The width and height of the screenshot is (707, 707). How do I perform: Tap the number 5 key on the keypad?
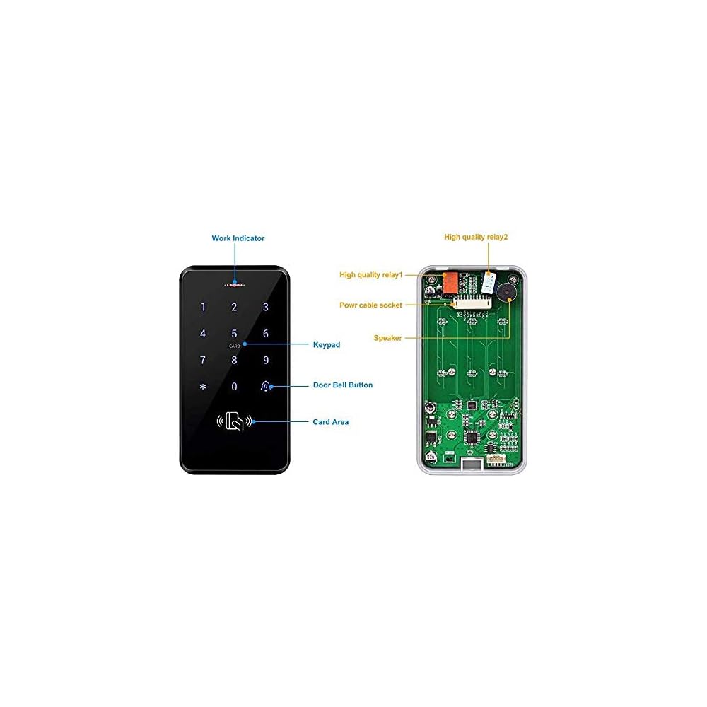click(235, 333)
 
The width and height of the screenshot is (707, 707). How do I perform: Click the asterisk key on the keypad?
click(203, 387)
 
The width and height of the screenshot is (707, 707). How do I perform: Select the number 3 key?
click(266, 307)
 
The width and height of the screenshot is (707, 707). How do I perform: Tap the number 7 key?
click(203, 360)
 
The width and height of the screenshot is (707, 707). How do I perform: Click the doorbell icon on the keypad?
click(266, 386)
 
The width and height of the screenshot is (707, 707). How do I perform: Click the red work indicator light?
click(235, 286)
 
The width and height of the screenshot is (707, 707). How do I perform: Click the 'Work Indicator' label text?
click(238, 238)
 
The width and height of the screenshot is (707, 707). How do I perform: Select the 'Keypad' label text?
click(327, 345)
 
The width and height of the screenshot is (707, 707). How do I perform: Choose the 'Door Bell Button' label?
click(343, 385)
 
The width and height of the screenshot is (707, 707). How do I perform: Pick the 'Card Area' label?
click(331, 422)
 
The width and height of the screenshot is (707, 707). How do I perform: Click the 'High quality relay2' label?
click(476, 237)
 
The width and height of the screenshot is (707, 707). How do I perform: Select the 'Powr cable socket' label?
click(371, 305)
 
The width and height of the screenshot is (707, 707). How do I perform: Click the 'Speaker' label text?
click(387, 338)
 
